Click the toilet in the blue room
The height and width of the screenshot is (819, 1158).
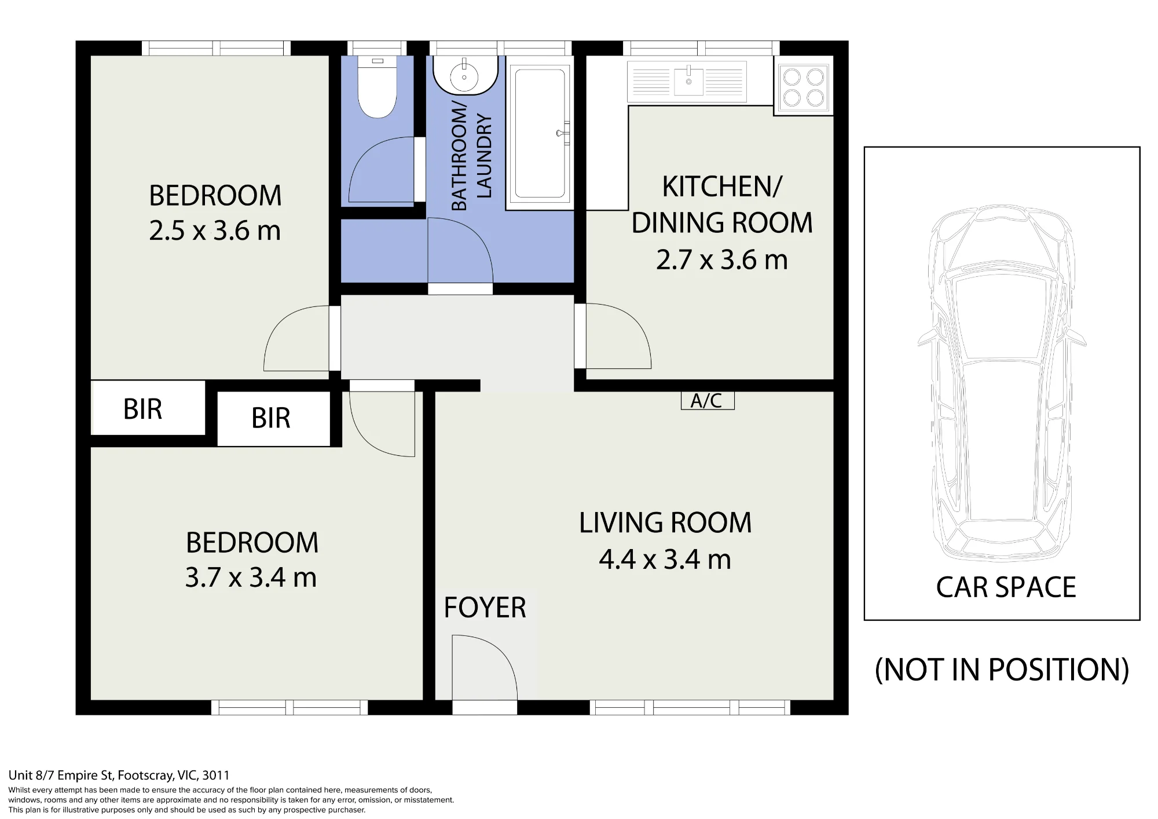pyautogui.click(x=377, y=87)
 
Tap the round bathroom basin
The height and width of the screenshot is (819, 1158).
pyautogui.click(x=464, y=74)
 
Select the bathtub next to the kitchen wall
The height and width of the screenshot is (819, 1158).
pyautogui.click(x=540, y=133)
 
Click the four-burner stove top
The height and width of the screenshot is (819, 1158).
pyautogui.click(x=803, y=86)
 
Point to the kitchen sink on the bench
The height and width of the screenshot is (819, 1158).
pyautogui.click(x=688, y=81)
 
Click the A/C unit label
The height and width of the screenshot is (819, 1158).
pyautogui.click(x=707, y=400)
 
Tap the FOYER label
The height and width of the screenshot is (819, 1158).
pyautogui.click(x=485, y=608)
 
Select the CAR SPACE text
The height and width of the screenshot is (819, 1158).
pyautogui.click(x=1006, y=587)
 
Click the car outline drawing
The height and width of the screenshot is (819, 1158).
pyautogui.click(x=1002, y=382)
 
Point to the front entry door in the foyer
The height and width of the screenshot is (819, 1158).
pyautogui.click(x=485, y=668)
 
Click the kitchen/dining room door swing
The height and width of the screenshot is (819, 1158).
pyautogui.click(x=618, y=336)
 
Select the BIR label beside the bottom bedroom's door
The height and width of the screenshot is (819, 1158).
pyautogui.click(x=271, y=418)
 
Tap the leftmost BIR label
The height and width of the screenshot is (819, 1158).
pyautogui.click(x=142, y=409)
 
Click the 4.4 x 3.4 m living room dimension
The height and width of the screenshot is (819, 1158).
pyautogui.click(x=665, y=560)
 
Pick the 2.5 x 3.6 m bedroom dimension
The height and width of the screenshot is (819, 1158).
pyautogui.click(x=215, y=231)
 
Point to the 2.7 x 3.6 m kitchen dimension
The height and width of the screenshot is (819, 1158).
pyautogui.click(x=721, y=259)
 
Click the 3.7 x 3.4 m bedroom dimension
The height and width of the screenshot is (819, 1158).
pyautogui.click(x=251, y=577)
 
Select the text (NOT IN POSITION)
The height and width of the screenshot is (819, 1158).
pyautogui.click(x=1002, y=670)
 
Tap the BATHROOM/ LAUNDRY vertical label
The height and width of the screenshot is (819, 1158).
pyautogui.click(x=471, y=156)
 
